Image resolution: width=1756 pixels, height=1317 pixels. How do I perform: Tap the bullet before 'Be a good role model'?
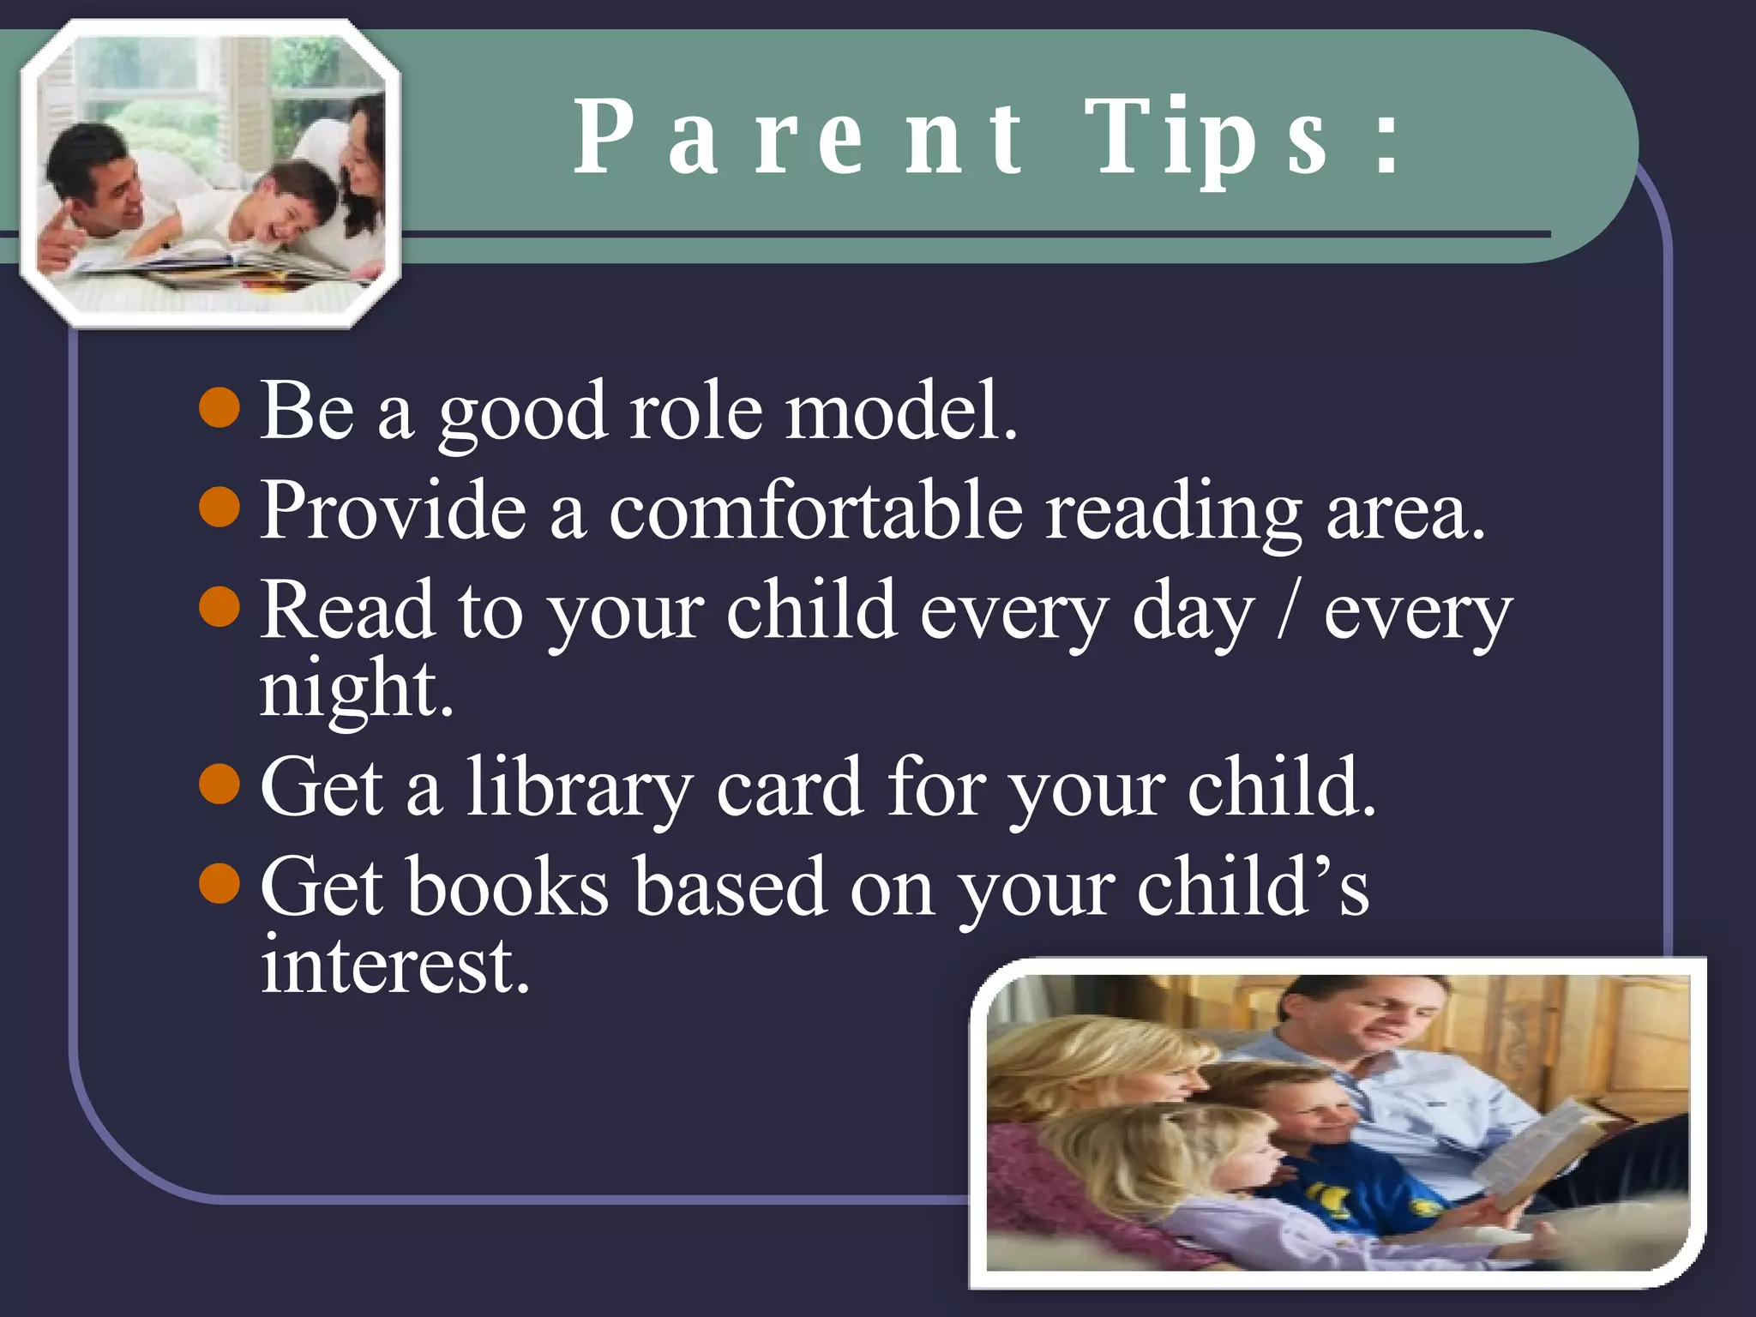[219, 406]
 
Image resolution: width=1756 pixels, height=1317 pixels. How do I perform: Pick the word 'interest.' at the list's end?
[395, 965]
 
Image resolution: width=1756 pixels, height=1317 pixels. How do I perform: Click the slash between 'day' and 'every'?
[1286, 611]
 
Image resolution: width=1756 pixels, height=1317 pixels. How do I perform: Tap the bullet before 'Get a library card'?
[219, 783]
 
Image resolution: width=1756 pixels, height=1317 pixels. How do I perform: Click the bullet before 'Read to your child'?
[219, 606]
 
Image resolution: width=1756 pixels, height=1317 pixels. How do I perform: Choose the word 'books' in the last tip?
[508, 887]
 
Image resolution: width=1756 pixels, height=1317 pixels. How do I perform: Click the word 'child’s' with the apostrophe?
[1253, 887]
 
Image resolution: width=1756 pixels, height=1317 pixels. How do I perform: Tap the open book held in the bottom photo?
[1543, 1149]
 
